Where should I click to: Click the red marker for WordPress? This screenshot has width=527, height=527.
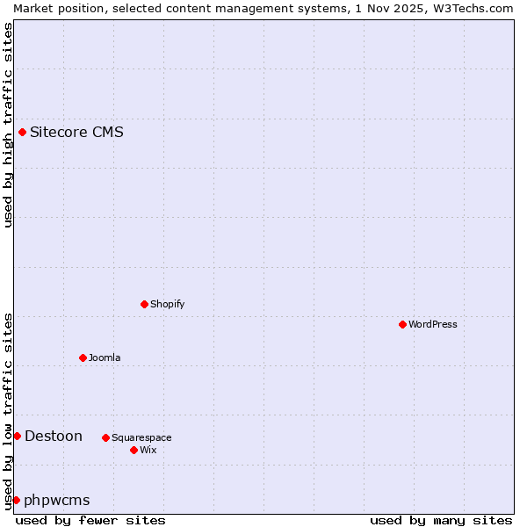(x=402, y=324)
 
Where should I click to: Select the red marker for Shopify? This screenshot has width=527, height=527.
(x=144, y=304)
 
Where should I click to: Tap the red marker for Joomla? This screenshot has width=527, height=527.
(x=83, y=357)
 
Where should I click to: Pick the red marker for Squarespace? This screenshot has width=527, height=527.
(x=105, y=437)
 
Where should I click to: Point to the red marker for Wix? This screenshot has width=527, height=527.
(x=134, y=450)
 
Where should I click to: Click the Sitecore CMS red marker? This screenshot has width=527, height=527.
(x=22, y=133)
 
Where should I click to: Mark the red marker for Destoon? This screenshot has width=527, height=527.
(x=17, y=436)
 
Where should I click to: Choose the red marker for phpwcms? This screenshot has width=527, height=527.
(x=16, y=500)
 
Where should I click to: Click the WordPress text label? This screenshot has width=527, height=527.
(x=433, y=324)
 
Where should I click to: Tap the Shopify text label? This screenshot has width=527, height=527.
(x=167, y=304)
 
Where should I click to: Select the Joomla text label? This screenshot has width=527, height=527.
(x=105, y=357)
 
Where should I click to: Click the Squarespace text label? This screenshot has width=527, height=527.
(x=141, y=437)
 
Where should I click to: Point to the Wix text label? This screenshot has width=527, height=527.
(x=148, y=450)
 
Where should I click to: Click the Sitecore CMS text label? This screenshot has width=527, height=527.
(x=76, y=133)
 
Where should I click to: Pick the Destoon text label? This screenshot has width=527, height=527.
(x=54, y=436)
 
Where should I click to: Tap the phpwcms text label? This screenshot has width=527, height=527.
(x=57, y=500)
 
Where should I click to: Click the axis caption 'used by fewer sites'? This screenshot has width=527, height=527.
(x=90, y=520)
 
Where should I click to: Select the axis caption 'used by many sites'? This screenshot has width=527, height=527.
(x=441, y=520)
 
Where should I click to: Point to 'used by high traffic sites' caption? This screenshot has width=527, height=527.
(x=8, y=125)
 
